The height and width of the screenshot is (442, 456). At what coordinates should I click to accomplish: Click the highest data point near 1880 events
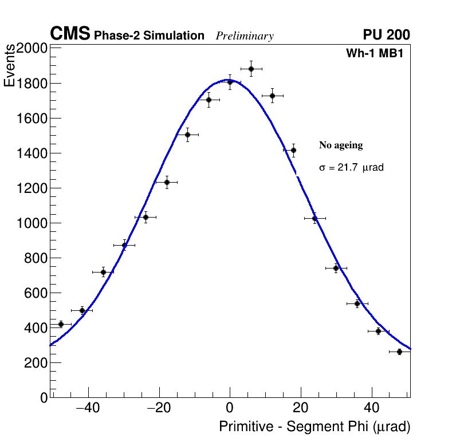251,69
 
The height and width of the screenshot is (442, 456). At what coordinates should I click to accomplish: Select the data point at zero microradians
230,82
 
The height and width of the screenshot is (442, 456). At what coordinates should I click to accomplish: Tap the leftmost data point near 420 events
61,324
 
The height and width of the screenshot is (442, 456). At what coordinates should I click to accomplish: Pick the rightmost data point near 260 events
399,352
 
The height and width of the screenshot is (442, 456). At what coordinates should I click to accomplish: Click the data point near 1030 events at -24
146,217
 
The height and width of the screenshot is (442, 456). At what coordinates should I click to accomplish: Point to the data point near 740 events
336,268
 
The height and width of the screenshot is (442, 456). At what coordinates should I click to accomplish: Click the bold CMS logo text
70,34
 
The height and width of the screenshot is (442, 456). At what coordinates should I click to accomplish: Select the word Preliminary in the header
245,36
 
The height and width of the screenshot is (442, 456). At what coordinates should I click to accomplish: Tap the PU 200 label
386,35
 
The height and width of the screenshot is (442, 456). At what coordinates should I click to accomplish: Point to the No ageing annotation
341,145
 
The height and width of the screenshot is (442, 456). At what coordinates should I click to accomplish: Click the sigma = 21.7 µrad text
351,168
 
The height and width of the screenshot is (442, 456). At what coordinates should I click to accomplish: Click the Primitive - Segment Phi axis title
315,427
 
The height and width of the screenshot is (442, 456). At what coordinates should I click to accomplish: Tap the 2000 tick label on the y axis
31,48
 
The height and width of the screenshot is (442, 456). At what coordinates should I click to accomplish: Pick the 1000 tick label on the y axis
31,223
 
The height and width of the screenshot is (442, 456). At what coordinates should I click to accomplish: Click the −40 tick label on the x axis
87,409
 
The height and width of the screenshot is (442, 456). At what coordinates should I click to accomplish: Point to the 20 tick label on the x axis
301,409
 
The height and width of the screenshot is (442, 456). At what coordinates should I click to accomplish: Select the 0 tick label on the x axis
230,409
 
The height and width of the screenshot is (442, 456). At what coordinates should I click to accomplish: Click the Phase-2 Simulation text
149,35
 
